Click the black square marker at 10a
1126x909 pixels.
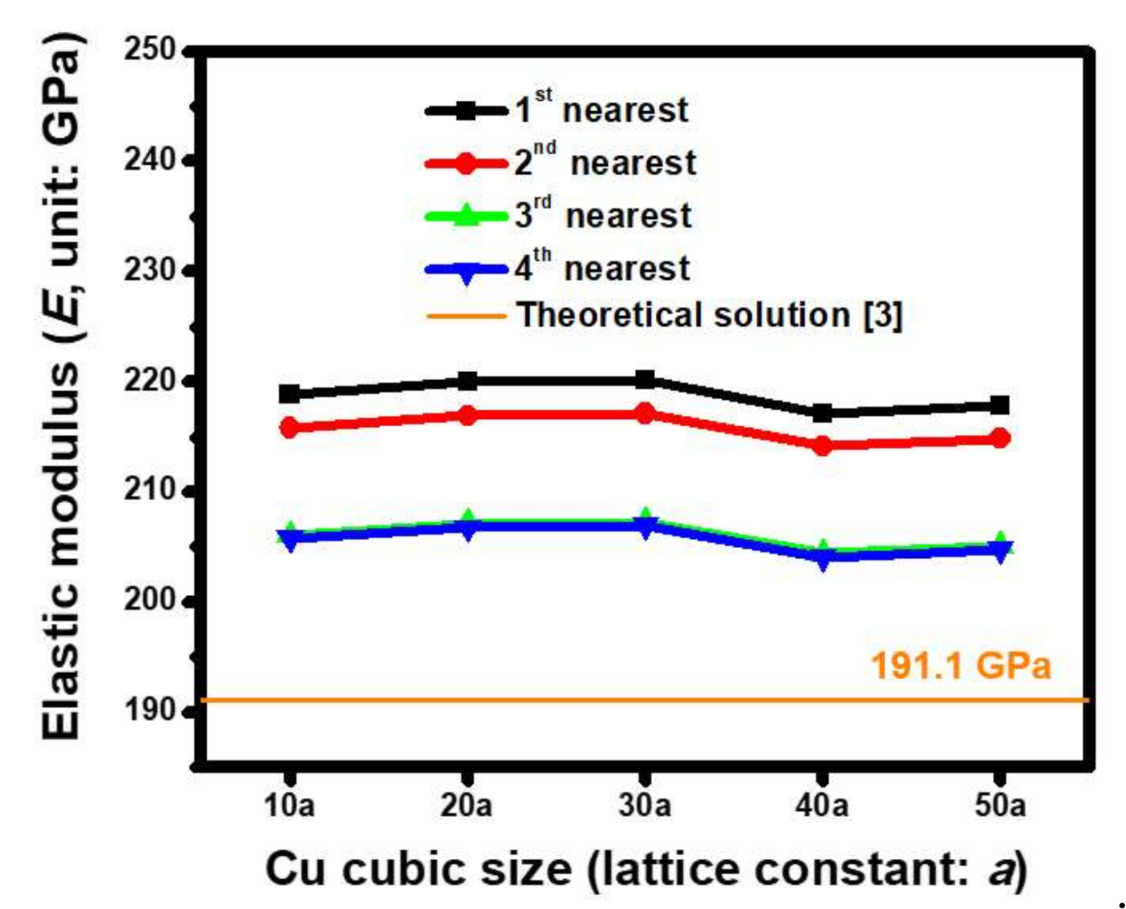pyautogui.click(x=289, y=394)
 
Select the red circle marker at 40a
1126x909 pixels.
pyautogui.click(x=822, y=446)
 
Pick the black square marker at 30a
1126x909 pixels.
pyautogui.click(x=645, y=379)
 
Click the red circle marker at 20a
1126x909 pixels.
pyautogui.click(x=467, y=415)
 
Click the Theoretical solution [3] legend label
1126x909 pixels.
pyautogui.click(x=709, y=315)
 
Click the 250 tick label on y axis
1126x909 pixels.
pyautogui.click(x=149, y=50)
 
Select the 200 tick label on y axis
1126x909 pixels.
pyautogui.click(x=149, y=600)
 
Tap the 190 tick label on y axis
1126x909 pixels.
pyautogui.click(x=149, y=710)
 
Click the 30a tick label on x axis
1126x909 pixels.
pyautogui.click(x=645, y=805)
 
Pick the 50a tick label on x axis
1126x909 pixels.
pyautogui.click(x=1000, y=805)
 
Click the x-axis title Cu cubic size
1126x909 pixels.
pyautogui.click(x=645, y=869)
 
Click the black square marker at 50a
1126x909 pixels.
pyautogui.click(x=1000, y=405)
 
